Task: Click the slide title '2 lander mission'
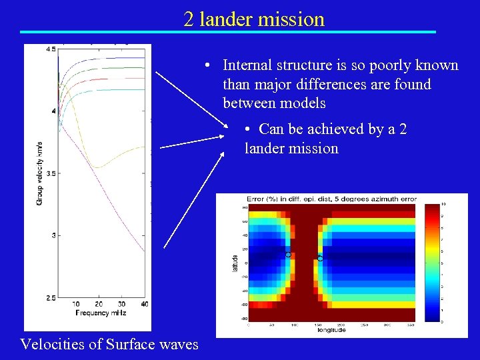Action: point(254,19)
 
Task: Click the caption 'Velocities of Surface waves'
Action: point(109,344)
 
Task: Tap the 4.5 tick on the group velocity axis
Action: point(51,49)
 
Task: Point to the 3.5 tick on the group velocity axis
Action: point(51,173)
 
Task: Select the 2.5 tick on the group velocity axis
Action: point(51,297)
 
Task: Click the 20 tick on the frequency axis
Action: point(99,305)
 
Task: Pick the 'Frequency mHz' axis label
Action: point(100,313)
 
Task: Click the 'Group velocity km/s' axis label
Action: point(39,173)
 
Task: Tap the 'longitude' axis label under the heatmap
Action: point(331,329)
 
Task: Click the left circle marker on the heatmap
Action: point(289,255)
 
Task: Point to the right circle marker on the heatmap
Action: point(320,258)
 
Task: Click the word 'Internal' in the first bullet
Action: point(246,65)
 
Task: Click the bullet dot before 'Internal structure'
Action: point(209,65)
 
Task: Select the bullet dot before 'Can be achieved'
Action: point(247,129)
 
